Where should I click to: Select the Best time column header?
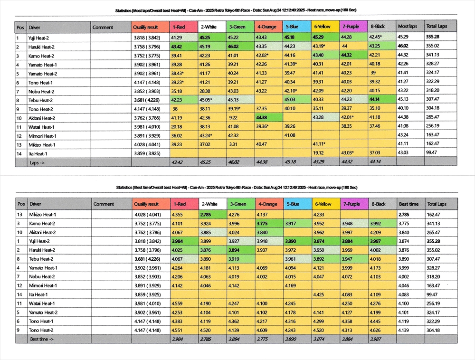point(409,204)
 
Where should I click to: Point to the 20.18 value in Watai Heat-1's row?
point(177,127)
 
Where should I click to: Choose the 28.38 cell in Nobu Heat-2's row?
point(205,91)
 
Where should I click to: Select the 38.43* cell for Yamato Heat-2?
point(178,73)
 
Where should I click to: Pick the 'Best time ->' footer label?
point(42,339)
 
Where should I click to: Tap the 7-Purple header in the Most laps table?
point(351,27)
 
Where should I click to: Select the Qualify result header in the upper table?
point(145,27)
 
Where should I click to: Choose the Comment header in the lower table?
point(104,204)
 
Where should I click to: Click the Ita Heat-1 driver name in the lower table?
point(40,294)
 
